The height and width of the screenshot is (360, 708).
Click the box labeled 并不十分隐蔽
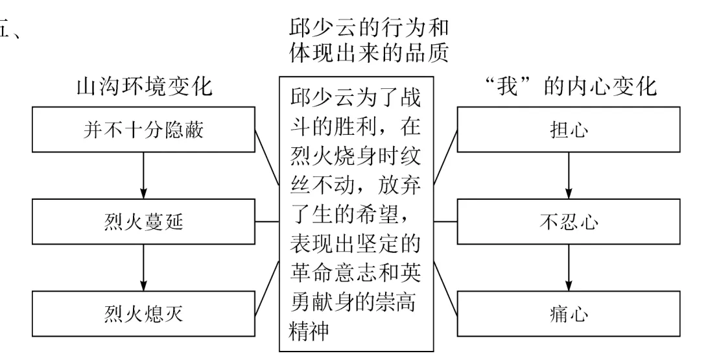click(143, 130)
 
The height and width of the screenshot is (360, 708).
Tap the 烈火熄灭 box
click(143, 315)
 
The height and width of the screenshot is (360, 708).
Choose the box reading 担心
click(569, 130)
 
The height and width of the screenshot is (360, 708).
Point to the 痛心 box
click(569, 315)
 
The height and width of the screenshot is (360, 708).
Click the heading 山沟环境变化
click(144, 88)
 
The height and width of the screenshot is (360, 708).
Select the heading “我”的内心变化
click(569, 88)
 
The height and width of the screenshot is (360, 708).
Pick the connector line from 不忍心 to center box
click(446, 222)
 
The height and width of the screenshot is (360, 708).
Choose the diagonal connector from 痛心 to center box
click(446, 284)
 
